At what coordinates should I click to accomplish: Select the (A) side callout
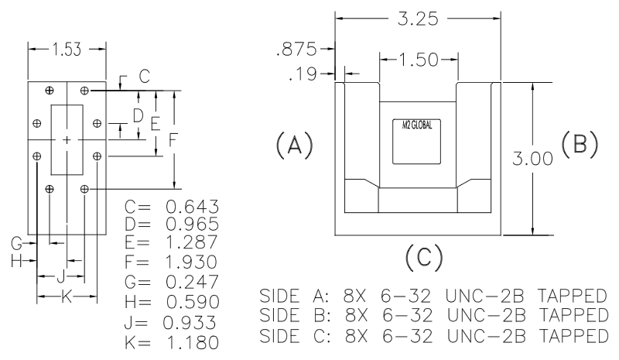pyautogui.click(x=293, y=143)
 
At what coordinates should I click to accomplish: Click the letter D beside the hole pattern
pyautogui.click(x=138, y=116)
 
